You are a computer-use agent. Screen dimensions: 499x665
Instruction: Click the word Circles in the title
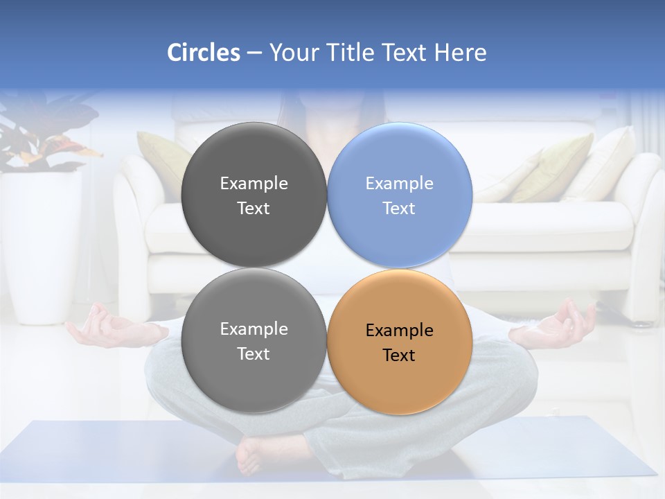(x=203, y=53)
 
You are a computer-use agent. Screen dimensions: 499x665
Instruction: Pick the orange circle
(x=400, y=342)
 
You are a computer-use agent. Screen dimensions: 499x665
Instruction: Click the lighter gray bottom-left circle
(x=254, y=341)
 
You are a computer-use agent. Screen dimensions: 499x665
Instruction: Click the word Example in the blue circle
(x=399, y=184)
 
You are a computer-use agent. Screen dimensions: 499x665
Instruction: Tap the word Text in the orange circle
(x=399, y=356)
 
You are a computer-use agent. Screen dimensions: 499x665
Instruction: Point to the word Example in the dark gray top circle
(x=254, y=184)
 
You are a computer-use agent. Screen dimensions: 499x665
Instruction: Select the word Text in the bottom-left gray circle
(x=254, y=354)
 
